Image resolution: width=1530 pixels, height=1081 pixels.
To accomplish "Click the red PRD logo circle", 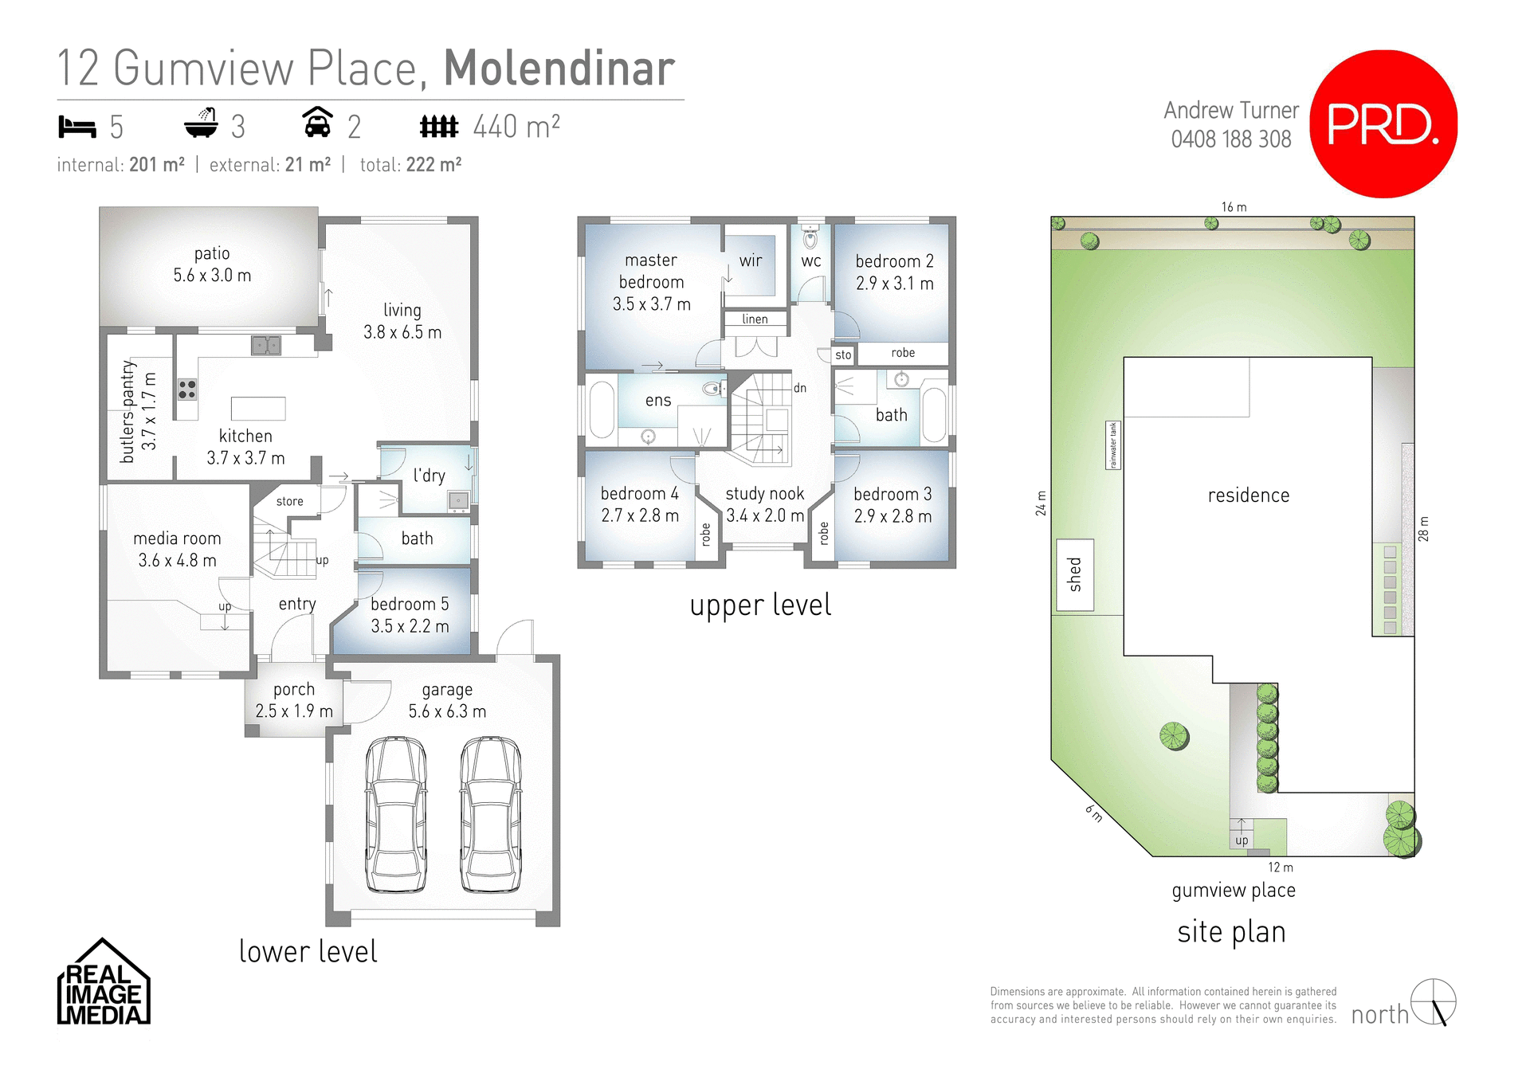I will [1383, 123].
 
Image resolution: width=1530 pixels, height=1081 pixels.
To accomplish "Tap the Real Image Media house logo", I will [104, 984].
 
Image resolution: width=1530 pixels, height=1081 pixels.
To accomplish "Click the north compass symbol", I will [1434, 1001].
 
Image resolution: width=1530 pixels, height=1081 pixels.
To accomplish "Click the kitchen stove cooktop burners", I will [187, 390].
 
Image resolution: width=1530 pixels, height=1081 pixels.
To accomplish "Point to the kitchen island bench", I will [258, 409].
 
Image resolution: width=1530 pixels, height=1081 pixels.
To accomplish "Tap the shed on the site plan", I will [1075, 575].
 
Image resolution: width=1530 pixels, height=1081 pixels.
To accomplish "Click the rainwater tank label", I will [1113, 445].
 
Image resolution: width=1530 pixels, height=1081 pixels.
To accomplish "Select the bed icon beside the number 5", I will [76, 127].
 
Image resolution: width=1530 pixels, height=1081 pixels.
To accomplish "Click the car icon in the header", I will [317, 123].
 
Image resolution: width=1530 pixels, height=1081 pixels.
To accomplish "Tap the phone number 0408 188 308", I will [1231, 139].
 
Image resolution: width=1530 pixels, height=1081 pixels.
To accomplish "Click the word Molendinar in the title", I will [559, 69].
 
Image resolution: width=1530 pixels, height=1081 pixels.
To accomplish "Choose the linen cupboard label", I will [755, 319].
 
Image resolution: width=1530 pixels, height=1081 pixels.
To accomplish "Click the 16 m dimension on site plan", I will [1234, 207].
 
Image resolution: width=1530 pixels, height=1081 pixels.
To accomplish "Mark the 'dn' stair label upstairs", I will [799, 388].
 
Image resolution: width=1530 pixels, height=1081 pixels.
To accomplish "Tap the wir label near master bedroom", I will [751, 260].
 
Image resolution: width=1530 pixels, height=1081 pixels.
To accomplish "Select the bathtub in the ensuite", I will [602, 410].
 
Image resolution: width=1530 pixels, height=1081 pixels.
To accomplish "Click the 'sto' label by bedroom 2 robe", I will [843, 354].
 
